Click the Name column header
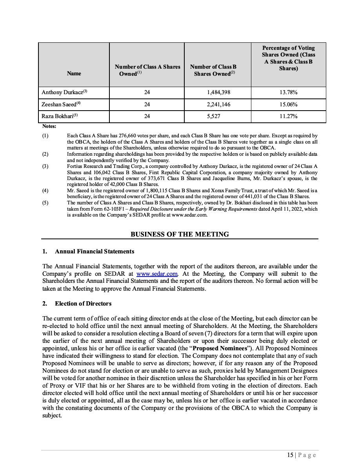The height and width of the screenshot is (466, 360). (x=74, y=73)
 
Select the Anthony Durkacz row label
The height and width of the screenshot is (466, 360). (x=64, y=93)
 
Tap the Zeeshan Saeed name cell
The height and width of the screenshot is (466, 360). (x=61, y=104)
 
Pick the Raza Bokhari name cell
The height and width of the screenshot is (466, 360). (x=60, y=116)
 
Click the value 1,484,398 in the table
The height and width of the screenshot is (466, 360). (x=218, y=93)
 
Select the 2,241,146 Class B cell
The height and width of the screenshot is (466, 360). (x=218, y=104)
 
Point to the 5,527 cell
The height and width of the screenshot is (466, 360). (x=218, y=116)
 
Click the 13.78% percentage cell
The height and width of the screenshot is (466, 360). (x=288, y=93)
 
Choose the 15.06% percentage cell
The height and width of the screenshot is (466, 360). (x=288, y=104)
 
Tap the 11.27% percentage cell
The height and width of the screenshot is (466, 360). (x=288, y=116)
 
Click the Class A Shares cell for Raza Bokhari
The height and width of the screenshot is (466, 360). (x=147, y=116)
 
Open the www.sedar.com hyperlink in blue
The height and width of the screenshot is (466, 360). (x=157, y=274)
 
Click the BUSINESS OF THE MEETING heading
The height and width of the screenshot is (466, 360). (x=180, y=234)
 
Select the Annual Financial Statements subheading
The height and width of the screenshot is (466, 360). (x=95, y=251)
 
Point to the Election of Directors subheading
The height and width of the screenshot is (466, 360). (x=83, y=304)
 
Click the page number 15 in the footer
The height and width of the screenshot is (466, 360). (x=290, y=455)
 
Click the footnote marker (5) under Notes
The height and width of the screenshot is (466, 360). (x=45, y=203)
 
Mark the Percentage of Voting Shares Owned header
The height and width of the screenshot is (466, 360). (x=288, y=58)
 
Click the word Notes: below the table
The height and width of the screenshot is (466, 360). (x=49, y=126)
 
